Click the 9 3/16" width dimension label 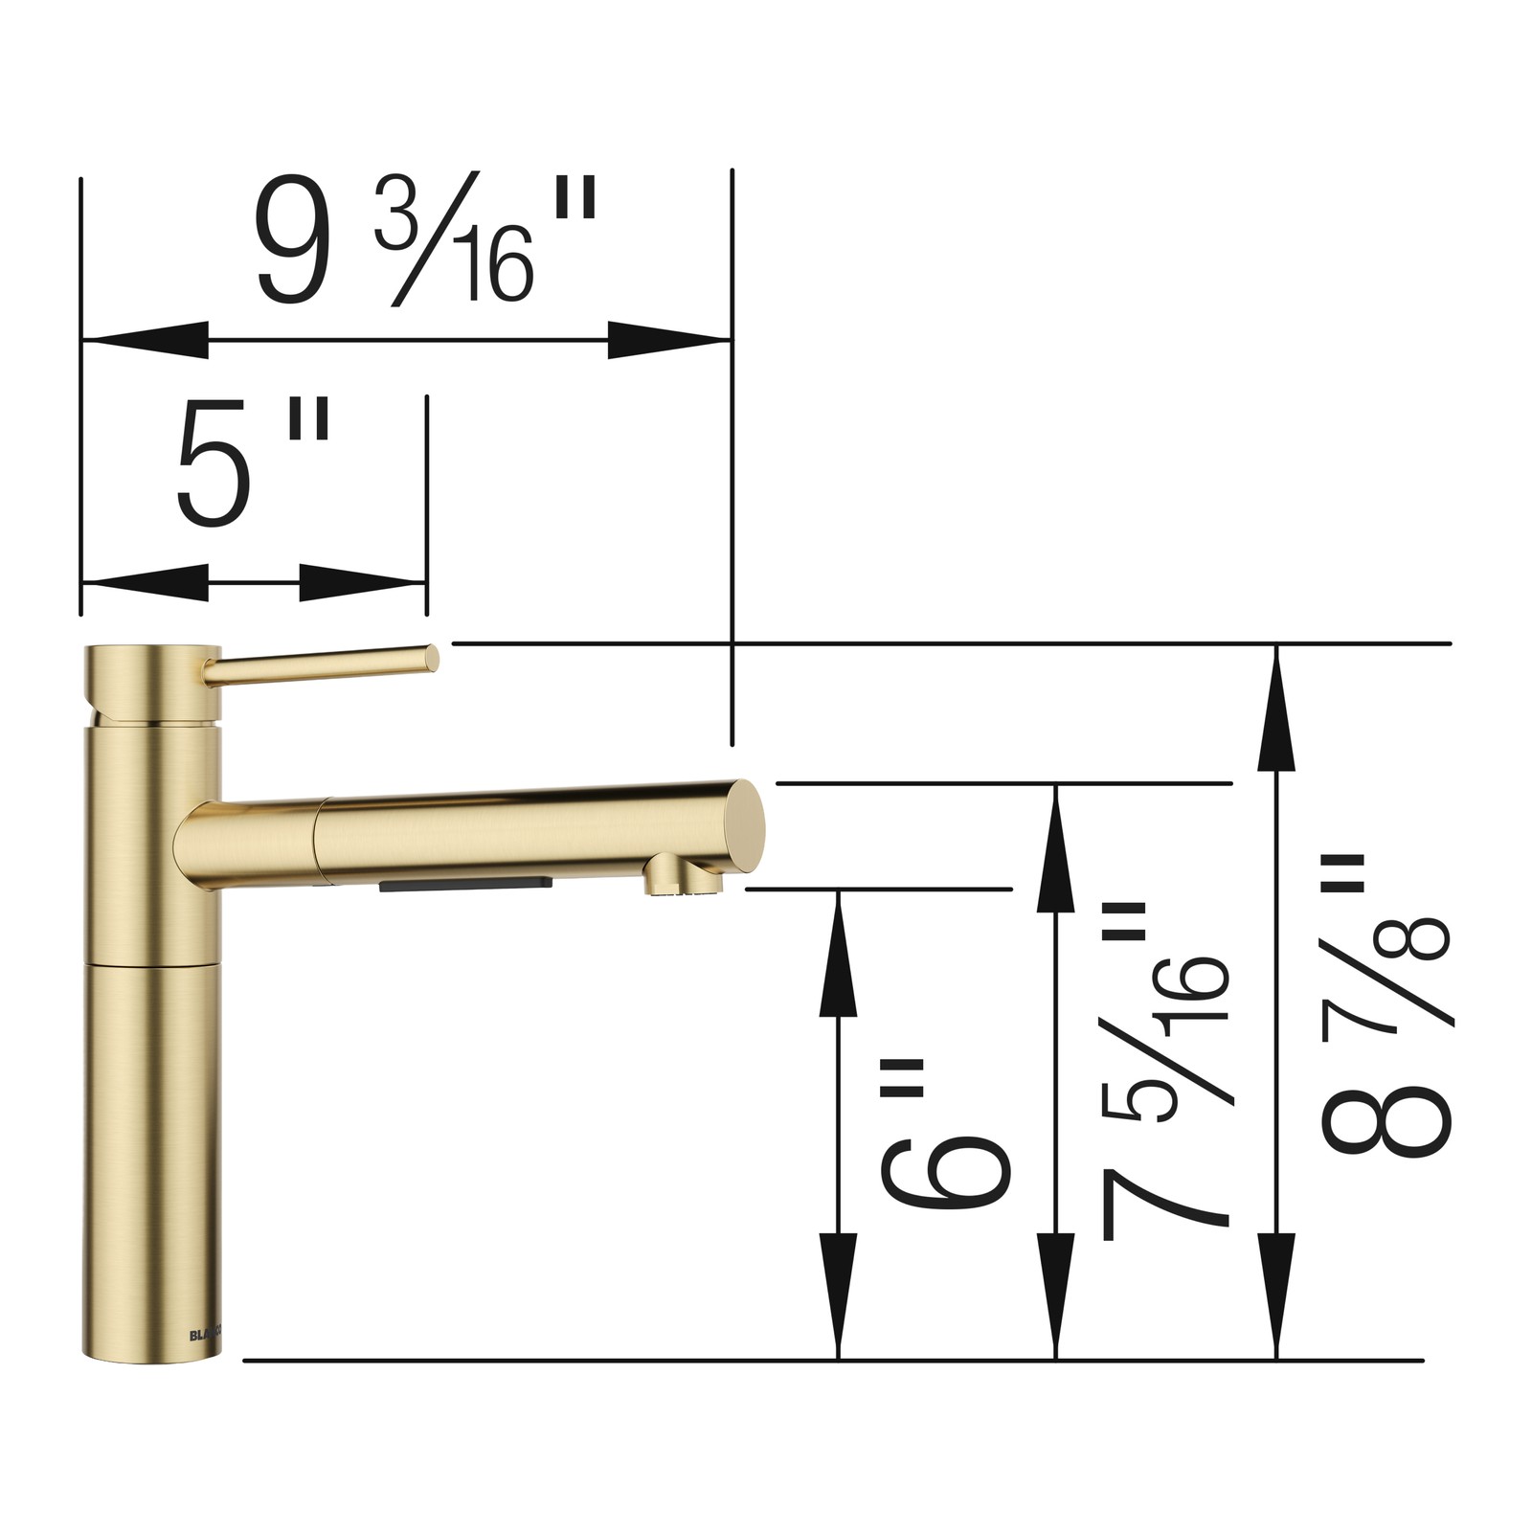[426, 239]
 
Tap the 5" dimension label [253, 463]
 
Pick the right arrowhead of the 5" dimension [363, 582]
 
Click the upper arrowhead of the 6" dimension [839, 953]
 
